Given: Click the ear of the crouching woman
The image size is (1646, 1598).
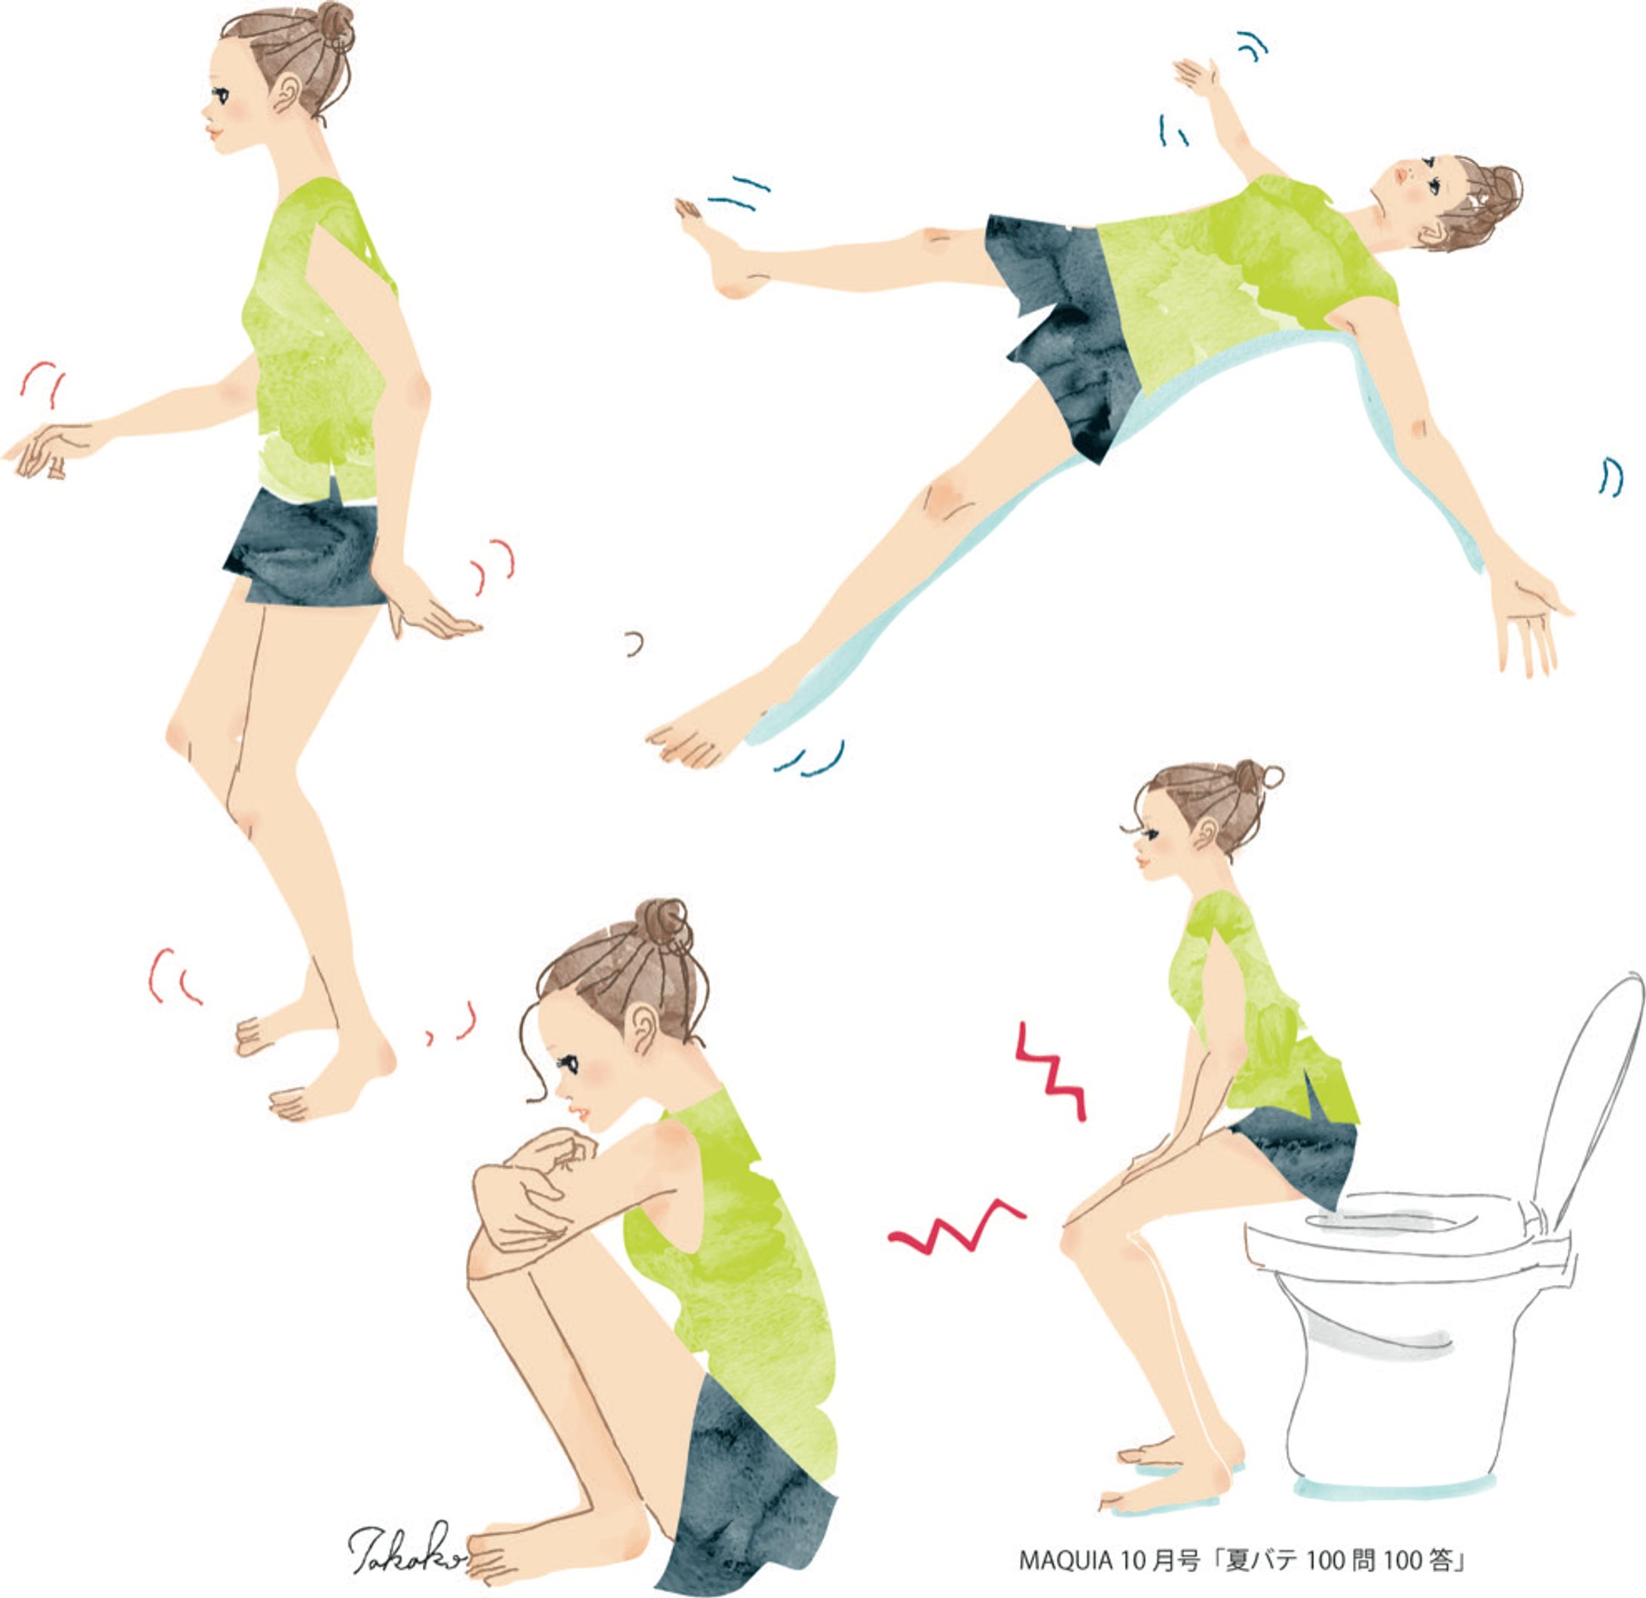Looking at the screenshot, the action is click(644, 1028).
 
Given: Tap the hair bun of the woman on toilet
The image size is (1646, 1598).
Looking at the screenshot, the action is click(1253, 776).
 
